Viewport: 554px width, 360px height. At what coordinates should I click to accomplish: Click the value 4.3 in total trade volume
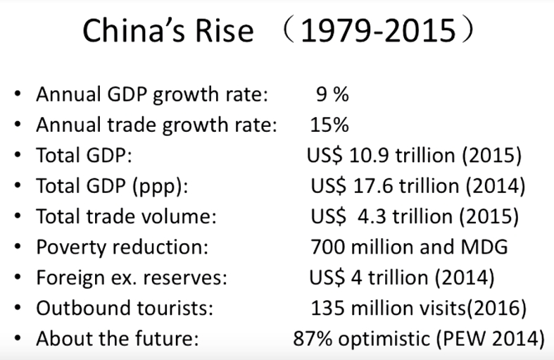[367, 216]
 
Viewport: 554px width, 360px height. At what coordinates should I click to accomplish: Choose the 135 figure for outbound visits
[325, 307]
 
